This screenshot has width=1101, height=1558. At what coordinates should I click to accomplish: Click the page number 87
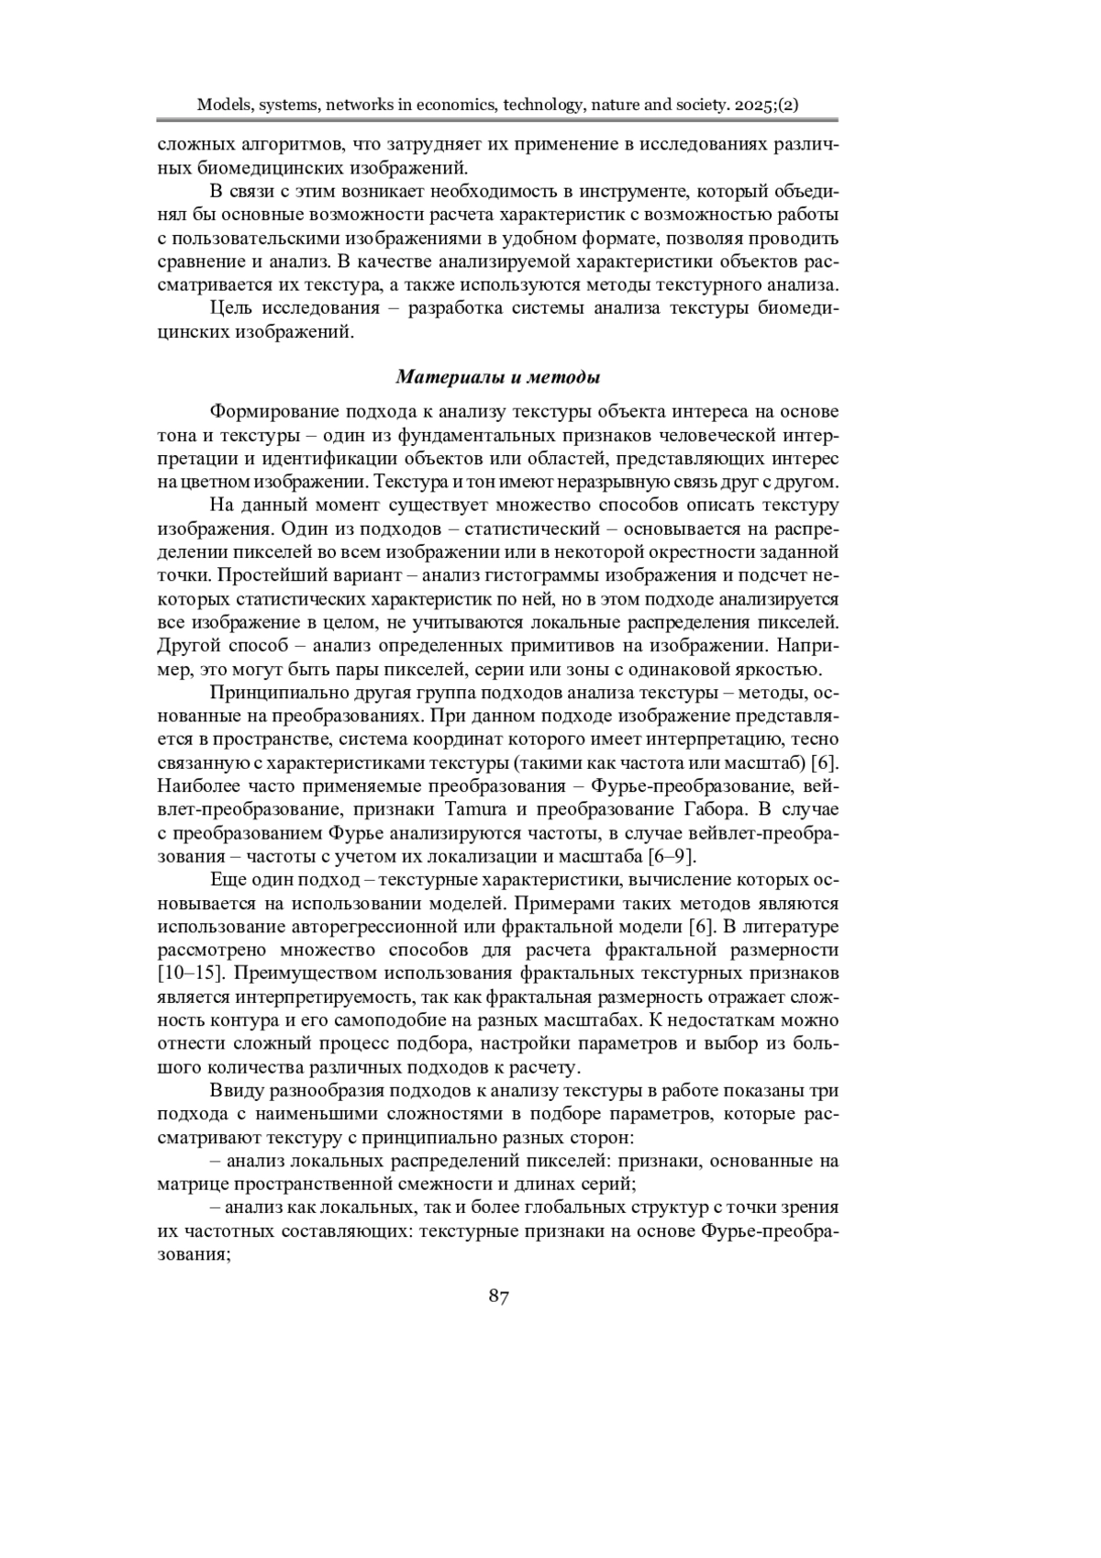(x=499, y=1296)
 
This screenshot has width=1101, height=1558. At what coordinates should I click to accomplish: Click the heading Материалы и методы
(x=498, y=377)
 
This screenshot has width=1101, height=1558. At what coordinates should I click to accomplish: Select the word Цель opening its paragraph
(x=231, y=308)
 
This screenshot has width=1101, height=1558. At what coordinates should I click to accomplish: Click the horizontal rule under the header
(x=496, y=120)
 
